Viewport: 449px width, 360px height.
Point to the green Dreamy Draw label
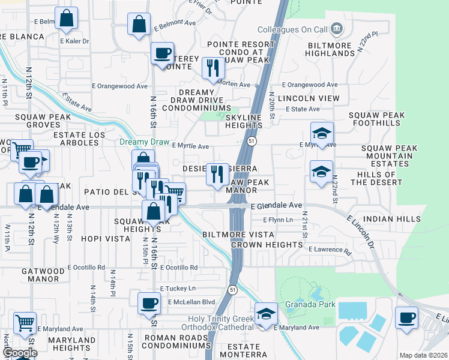click(x=145, y=142)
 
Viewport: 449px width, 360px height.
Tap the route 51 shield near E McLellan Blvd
click(x=231, y=290)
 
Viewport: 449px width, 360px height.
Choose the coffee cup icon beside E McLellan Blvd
click(x=149, y=303)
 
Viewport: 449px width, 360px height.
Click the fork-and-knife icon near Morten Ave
click(x=212, y=68)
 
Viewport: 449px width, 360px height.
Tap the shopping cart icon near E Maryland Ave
click(x=25, y=322)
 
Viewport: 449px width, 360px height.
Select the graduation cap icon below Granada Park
click(x=265, y=314)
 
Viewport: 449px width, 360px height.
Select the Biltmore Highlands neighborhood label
click(x=331, y=49)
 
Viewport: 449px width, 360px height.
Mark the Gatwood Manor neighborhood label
click(x=43, y=275)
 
